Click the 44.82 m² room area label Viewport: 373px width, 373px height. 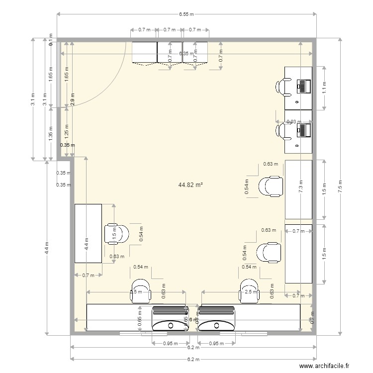(x=190, y=185)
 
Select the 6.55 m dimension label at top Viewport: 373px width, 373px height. (x=186, y=15)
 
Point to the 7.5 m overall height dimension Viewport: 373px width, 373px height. (x=340, y=186)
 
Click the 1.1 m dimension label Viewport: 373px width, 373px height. (x=324, y=88)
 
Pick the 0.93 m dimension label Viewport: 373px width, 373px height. (x=294, y=121)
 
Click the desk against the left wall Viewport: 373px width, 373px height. (x=88, y=233)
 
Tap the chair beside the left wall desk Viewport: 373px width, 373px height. (x=116, y=233)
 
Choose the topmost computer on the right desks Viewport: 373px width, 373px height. (x=303, y=86)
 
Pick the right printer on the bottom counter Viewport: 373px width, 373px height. (x=216, y=319)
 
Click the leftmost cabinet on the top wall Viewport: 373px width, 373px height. (x=144, y=52)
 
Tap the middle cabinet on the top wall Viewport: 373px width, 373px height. (x=170, y=52)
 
